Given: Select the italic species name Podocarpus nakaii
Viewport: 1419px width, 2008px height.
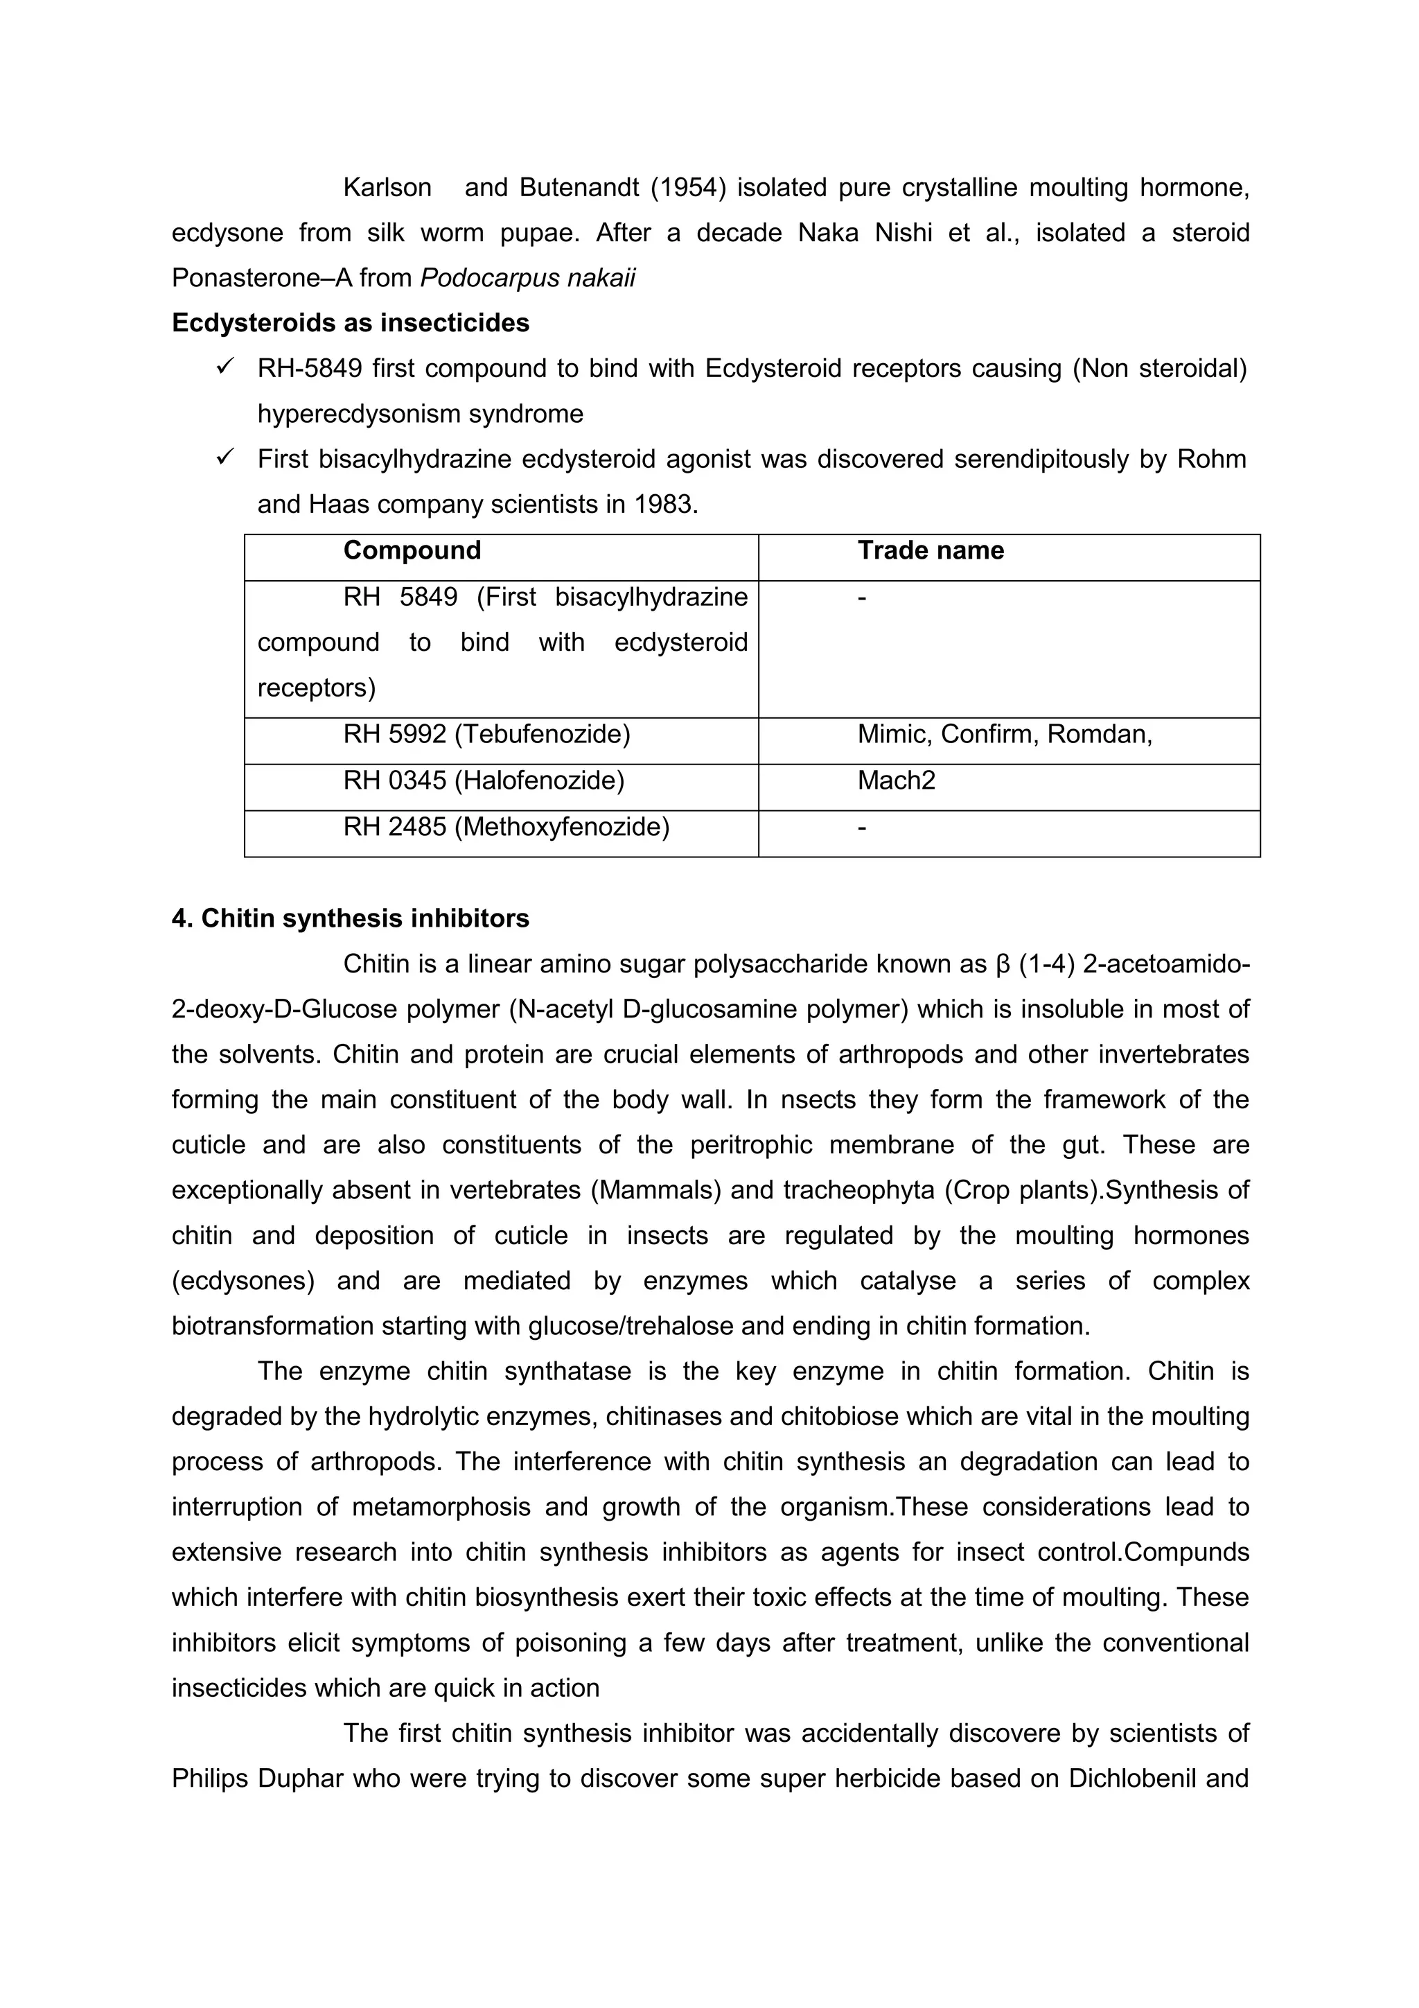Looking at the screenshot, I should click(527, 278).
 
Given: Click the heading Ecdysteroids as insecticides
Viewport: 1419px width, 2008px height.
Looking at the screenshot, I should click(350, 323).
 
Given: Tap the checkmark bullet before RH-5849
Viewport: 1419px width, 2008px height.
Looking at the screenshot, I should click(224, 367).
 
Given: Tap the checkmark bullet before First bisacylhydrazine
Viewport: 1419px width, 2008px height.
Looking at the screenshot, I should click(224, 457).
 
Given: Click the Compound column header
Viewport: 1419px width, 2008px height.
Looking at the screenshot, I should click(412, 550).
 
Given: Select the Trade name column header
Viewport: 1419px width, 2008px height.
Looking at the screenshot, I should click(931, 550).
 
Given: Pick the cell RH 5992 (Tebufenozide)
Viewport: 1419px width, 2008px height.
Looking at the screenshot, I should click(486, 734).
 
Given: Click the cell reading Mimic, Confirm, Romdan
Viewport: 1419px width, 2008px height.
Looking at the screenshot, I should click(1005, 734).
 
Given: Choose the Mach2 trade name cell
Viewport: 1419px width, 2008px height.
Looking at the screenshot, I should click(896, 780).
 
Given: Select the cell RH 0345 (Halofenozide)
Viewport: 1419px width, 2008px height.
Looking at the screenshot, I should click(484, 780).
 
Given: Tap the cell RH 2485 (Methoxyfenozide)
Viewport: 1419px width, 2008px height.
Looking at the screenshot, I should click(506, 826).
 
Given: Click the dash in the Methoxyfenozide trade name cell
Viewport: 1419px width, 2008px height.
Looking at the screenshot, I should click(862, 826).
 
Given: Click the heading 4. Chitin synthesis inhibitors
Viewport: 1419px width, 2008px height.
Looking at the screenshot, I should click(350, 918).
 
